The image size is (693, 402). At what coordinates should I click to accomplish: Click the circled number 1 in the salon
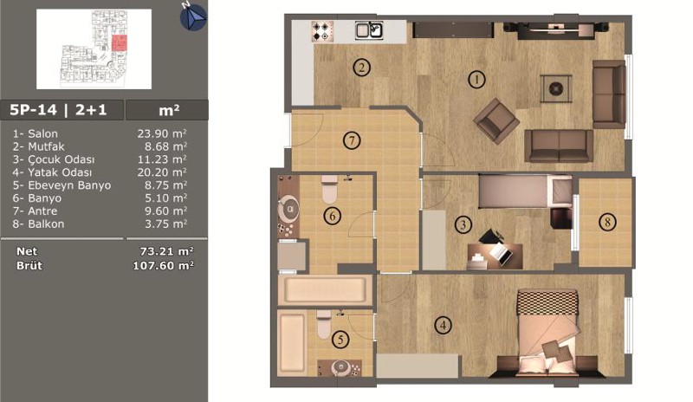476,80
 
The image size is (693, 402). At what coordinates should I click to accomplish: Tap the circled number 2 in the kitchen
361,68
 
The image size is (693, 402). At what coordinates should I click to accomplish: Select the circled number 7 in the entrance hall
352,140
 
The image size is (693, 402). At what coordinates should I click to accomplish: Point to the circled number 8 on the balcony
607,222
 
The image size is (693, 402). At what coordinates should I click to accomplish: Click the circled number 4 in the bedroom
443,326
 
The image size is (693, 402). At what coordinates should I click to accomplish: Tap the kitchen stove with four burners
321,31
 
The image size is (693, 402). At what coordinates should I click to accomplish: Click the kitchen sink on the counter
370,30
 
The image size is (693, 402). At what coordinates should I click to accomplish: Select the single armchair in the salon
495,120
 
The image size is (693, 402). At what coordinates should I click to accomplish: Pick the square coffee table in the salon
556,89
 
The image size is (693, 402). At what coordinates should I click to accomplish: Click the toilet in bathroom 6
329,189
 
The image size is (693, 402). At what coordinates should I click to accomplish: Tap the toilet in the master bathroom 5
324,325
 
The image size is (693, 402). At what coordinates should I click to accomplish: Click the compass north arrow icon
193,16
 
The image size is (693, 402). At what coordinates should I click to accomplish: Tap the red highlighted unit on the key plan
120,43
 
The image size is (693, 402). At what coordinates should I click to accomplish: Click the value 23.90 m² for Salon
162,133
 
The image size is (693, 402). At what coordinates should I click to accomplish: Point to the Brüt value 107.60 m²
163,265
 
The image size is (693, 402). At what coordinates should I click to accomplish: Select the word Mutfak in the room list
46,146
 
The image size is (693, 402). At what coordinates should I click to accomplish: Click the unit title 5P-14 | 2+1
58,110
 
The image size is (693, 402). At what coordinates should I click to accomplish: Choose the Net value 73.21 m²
166,251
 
